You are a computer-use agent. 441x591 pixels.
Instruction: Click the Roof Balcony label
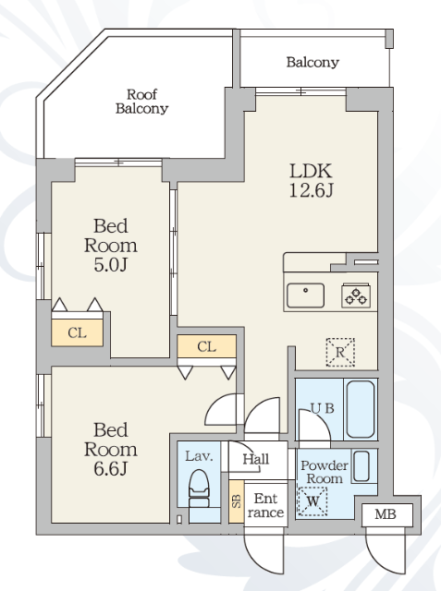pos(141,102)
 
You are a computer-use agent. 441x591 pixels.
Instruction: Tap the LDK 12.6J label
pos(312,181)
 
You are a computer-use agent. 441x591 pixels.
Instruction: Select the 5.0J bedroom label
pos(111,246)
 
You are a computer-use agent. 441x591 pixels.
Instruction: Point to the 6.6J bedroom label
pos(111,450)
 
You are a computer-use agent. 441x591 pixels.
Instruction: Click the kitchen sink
pos(305,295)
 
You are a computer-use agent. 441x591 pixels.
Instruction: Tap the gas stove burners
pos(356,295)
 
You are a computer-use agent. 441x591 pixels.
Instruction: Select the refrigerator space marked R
pos(340,353)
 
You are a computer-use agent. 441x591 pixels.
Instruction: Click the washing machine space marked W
pos(312,501)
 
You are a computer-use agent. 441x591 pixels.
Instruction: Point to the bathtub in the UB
pos(361,409)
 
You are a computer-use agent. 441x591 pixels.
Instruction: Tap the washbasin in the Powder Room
pos(361,466)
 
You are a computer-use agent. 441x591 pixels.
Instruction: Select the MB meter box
pos(386,514)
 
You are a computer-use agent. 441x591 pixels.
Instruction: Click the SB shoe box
pos(237,501)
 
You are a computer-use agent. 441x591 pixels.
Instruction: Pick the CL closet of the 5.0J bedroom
pos(78,332)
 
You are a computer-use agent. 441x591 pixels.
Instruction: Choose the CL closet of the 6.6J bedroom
pos(207,346)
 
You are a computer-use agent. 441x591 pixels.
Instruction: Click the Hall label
pos(256,459)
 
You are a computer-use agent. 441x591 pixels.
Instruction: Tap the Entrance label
pos(265,505)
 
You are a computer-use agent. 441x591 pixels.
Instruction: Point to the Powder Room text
pos(325,472)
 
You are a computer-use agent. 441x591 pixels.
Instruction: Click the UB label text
pos(323,408)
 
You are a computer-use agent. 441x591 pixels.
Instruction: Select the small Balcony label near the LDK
pos(312,62)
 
